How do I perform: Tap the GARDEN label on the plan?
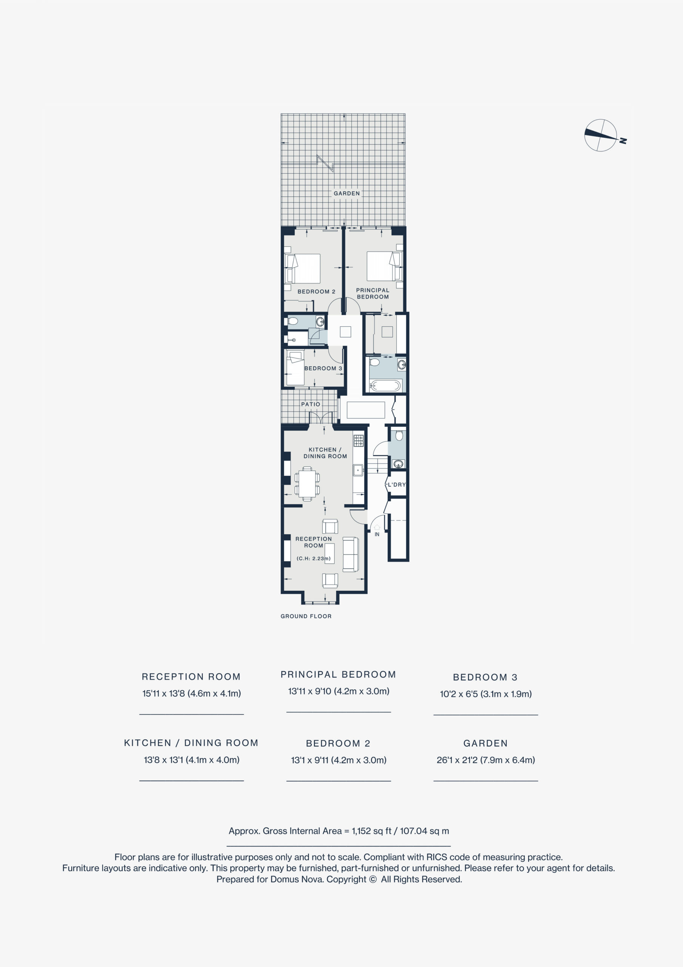[x=347, y=193]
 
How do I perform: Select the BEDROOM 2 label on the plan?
[x=316, y=292]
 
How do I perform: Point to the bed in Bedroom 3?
[x=295, y=368]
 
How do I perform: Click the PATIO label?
[x=310, y=404]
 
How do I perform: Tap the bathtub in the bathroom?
[x=385, y=385]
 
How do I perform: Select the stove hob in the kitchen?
[x=358, y=440]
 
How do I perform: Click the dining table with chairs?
[x=307, y=483]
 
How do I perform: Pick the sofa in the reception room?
[x=350, y=554]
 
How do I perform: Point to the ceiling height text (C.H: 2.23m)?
[x=313, y=558]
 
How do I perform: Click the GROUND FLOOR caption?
[x=306, y=616]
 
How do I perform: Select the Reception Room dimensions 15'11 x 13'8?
[x=191, y=693]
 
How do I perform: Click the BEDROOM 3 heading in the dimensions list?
[x=485, y=677]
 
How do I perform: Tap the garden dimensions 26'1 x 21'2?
[x=486, y=760]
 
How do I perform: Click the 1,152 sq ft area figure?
[x=372, y=831]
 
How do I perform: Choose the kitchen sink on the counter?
[x=358, y=470]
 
